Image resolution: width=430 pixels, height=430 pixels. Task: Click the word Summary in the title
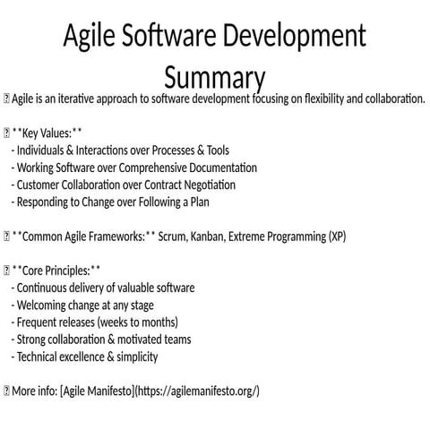pos(214,73)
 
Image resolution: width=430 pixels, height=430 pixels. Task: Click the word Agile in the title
pos(92,38)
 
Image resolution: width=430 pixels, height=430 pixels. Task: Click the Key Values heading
pos(48,133)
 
